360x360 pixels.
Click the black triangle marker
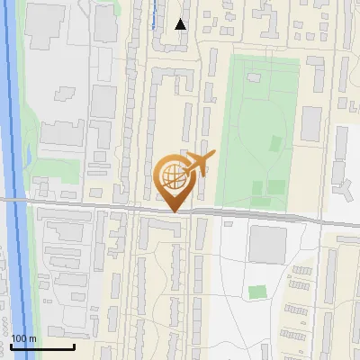181,24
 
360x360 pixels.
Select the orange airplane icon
199,162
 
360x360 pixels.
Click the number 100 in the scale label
19,338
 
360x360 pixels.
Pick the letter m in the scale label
32,338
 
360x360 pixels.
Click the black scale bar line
42,346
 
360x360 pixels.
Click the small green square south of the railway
257,292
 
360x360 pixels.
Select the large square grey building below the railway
267,245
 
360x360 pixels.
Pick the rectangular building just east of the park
311,123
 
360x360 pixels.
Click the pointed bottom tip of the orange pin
173,212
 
